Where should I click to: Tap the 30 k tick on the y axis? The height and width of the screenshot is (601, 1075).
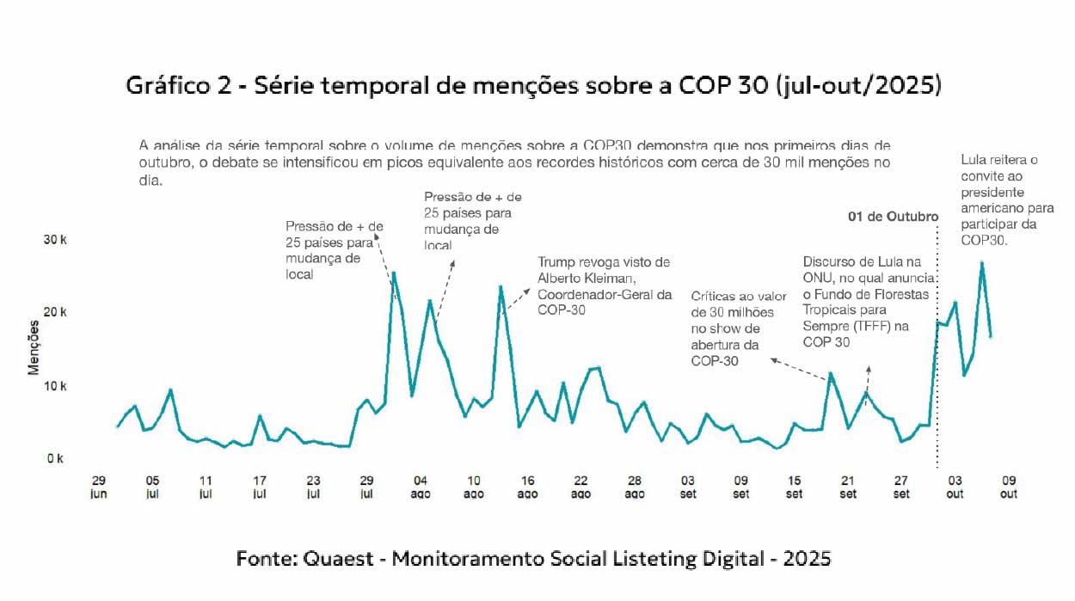click(x=55, y=239)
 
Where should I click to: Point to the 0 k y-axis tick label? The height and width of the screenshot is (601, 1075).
click(x=55, y=458)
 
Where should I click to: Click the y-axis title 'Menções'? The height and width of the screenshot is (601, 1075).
click(x=34, y=346)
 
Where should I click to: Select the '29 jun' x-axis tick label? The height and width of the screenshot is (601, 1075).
click(x=98, y=487)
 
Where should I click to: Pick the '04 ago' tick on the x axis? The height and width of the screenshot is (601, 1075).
click(x=421, y=487)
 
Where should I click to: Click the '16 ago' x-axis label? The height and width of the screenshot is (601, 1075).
click(x=527, y=487)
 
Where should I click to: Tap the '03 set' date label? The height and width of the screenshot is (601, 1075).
click(x=688, y=487)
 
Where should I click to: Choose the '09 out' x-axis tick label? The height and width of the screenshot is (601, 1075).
click(x=1008, y=487)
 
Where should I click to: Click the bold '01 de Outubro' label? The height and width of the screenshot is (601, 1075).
click(x=893, y=217)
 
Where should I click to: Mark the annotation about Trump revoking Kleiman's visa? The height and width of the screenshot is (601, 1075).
click(x=604, y=285)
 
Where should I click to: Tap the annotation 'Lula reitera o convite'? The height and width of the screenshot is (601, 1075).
click(x=1007, y=199)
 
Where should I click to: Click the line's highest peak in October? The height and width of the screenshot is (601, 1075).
click(x=981, y=263)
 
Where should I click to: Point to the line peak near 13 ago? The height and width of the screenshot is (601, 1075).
click(x=501, y=287)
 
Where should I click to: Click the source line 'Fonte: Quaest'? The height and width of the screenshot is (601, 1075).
click(x=533, y=559)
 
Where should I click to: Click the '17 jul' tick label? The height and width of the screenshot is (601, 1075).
click(x=260, y=487)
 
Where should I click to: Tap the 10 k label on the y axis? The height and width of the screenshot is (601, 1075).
click(x=55, y=385)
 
